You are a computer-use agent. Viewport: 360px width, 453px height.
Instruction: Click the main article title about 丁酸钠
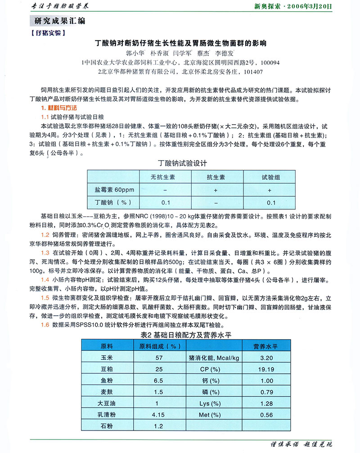click(180, 44)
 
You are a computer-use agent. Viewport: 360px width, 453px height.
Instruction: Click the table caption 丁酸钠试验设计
click(183, 163)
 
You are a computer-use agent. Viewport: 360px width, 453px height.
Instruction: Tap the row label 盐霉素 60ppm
click(111, 189)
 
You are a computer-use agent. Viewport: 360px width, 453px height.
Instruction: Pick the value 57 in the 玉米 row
click(159, 358)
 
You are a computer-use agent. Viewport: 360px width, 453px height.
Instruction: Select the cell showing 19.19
click(266, 369)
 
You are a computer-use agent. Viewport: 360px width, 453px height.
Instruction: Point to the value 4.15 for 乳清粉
click(159, 414)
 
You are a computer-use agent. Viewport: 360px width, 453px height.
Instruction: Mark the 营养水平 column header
click(266, 346)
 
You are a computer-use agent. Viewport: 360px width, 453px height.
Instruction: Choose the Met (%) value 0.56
click(266, 414)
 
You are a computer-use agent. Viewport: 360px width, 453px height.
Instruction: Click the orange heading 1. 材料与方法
click(58, 108)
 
